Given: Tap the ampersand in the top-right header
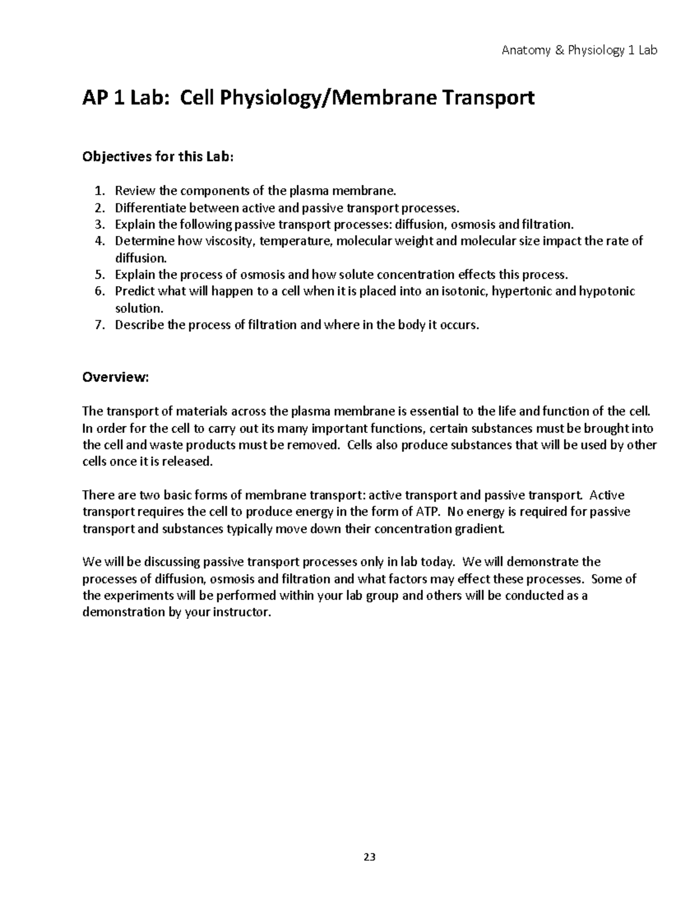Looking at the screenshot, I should coord(559,51).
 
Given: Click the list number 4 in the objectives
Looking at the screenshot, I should coord(98,241).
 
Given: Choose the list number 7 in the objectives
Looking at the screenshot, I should coord(98,325).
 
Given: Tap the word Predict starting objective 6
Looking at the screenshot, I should coord(133,291).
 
